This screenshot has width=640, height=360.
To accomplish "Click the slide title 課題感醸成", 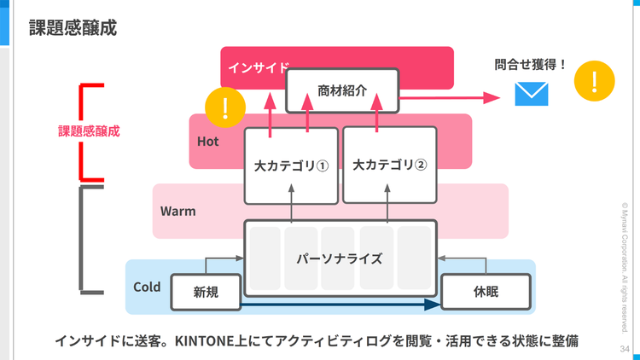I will coord(73,27).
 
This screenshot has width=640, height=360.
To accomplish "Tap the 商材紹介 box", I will coord(342,90).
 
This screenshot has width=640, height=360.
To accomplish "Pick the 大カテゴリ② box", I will coord(389,165).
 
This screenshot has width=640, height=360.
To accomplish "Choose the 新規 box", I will coord(206,292).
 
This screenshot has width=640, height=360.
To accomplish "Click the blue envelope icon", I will coord(530,94).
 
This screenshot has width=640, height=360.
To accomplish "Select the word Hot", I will coord(208,142).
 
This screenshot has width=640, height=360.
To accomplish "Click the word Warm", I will coord(178,210).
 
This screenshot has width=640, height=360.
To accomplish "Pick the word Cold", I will coord(148,287).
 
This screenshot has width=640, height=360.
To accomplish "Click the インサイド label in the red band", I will coord(259,67).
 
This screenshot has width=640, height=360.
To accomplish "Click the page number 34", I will coord(624,349).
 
